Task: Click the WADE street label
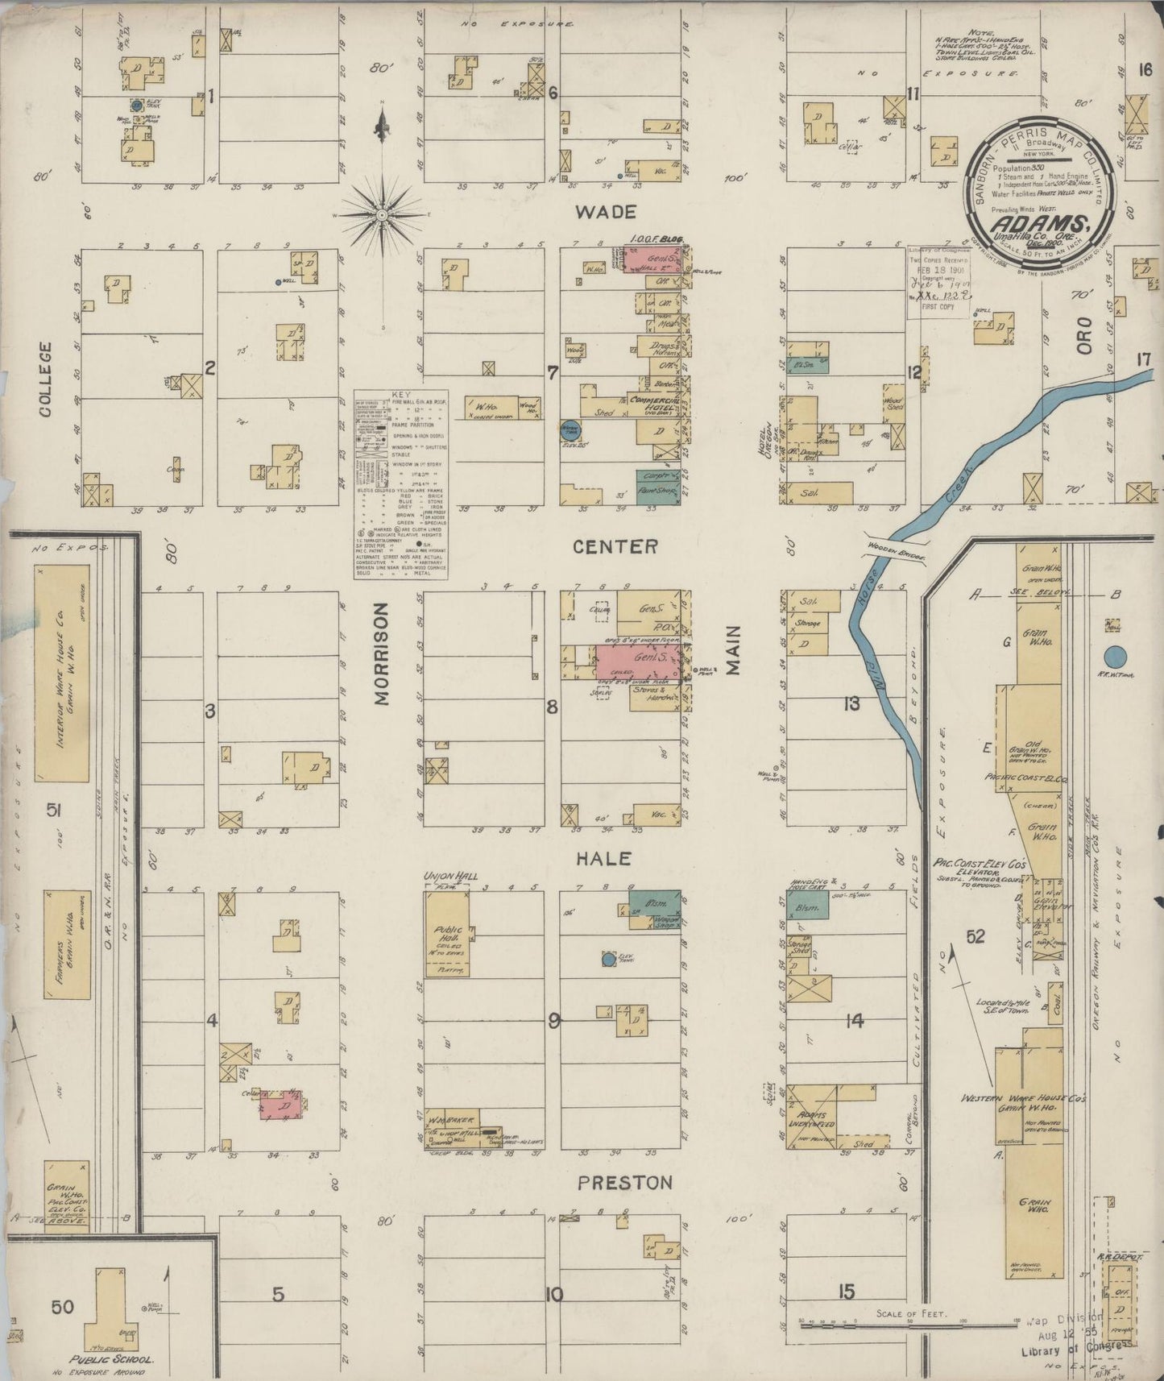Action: click(607, 212)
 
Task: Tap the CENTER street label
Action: click(615, 546)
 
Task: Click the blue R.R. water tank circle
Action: click(1115, 657)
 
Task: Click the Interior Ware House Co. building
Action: click(62, 673)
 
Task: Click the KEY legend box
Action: click(400, 484)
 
